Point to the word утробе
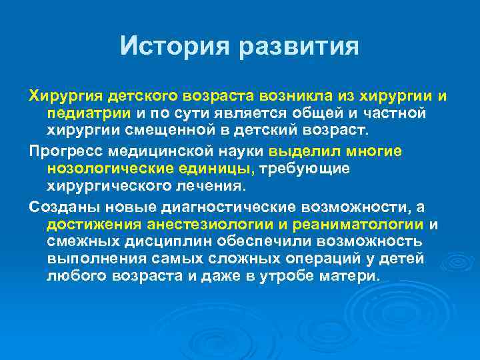pyautogui.click(x=305, y=275)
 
